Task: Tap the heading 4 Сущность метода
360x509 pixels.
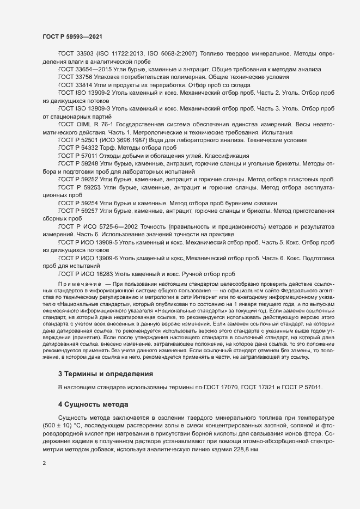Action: pos(93,404)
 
